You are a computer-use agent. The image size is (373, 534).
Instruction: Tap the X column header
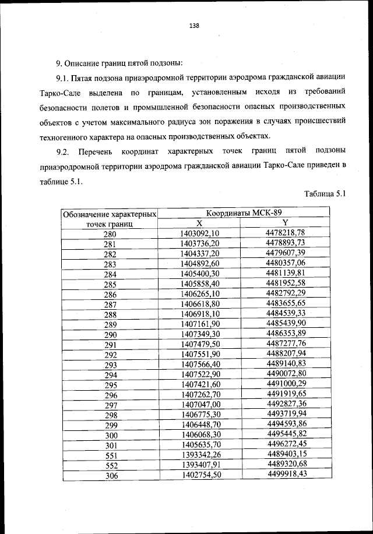point(199,223)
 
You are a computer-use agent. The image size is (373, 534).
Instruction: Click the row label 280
point(110,234)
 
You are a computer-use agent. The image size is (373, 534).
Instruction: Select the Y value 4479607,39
point(286,253)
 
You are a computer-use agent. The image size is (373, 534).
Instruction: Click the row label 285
point(110,284)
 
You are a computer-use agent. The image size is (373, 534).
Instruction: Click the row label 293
point(110,365)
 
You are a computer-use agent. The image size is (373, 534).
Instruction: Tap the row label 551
point(110,454)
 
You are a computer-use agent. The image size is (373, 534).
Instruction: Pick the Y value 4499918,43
point(286,474)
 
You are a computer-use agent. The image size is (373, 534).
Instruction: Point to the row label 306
point(110,475)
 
